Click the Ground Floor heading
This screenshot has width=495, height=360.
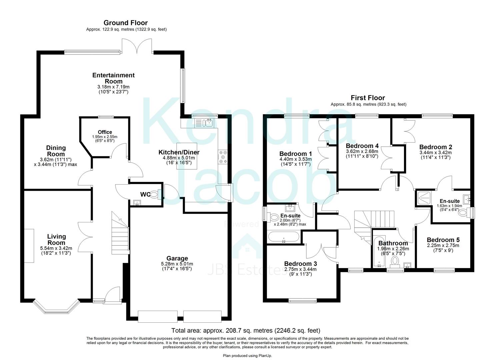pos(125,23)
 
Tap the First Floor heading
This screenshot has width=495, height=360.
pos(368,98)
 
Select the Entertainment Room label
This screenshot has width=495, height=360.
pos(113,78)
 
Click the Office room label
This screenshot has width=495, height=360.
pos(105,132)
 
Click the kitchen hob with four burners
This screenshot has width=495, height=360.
pos(223,157)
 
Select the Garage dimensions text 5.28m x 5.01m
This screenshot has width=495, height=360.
pos(177,264)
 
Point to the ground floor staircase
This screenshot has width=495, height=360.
pos(120,233)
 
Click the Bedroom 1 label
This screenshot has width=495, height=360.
pos(295,154)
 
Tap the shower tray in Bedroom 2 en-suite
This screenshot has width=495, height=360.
pos(423,199)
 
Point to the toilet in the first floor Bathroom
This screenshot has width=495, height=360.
pos(395,261)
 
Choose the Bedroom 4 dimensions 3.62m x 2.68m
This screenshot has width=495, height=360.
pos(362,151)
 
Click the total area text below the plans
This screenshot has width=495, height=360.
pos(245,331)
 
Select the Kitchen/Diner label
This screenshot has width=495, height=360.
pos(179,153)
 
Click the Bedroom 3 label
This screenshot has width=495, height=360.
pos(300,264)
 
